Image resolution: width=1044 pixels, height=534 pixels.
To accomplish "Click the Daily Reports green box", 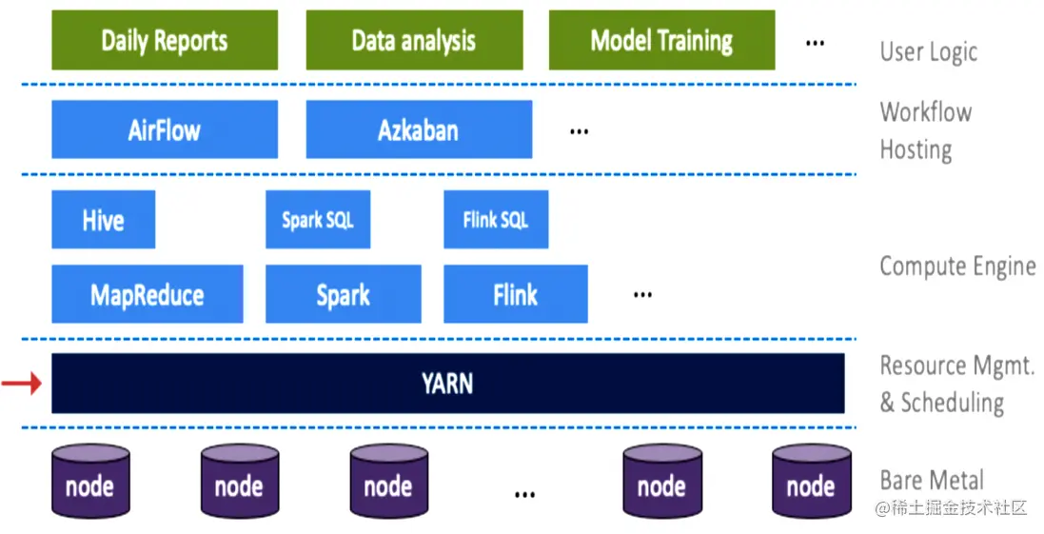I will coord(165,41).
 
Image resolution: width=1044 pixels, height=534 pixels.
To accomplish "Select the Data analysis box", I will coord(414,41).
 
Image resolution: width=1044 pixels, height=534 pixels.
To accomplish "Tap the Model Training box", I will coord(661,41).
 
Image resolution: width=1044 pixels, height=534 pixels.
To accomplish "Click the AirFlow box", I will coord(165,129).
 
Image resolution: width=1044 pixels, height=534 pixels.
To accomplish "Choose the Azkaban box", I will coord(419,129).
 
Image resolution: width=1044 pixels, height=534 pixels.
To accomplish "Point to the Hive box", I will coord(103,220).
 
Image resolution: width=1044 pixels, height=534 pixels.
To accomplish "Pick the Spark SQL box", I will coord(318,220).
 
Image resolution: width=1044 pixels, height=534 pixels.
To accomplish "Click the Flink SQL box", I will coord(496,220).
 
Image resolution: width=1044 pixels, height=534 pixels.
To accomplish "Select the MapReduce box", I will coord(147,294).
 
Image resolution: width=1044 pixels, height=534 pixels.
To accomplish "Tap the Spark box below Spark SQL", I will coord(343,294).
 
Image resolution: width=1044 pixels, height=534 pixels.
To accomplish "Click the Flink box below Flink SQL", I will coord(515,294).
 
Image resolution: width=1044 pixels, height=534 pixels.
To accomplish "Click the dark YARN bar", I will coord(447,384).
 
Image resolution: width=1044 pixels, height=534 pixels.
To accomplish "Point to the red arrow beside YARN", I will coord(21,384).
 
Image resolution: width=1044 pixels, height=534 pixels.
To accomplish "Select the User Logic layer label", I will coord(928,51).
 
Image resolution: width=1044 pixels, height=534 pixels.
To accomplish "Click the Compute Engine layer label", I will coord(956,266).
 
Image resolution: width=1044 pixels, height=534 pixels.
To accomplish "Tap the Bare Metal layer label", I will coord(932,480).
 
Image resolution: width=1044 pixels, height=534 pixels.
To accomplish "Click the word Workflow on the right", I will coord(925,111).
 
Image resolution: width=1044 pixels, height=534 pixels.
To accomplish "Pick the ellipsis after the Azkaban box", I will coord(579,131).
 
